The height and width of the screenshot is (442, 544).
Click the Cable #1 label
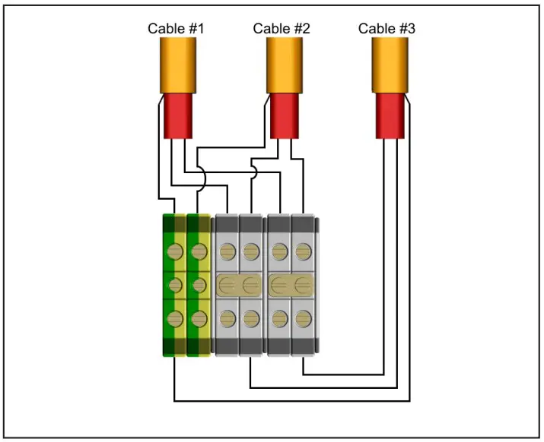(x=176, y=29)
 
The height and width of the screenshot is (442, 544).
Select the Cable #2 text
(x=282, y=29)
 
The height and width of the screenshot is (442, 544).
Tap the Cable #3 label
(x=387, y=29)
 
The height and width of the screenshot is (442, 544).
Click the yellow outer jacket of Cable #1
(x=178, y=65)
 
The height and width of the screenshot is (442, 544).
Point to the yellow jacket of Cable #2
(x=285, y=65)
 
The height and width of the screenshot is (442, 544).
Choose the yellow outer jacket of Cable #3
(x=390, y=65)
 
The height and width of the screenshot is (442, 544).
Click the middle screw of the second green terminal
(x=198, y=286)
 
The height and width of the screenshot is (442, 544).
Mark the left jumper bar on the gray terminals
(x=239, y=286)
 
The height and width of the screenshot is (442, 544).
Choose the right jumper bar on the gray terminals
(x=291, y=286)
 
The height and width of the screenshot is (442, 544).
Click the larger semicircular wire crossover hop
(x=201, y=180)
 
